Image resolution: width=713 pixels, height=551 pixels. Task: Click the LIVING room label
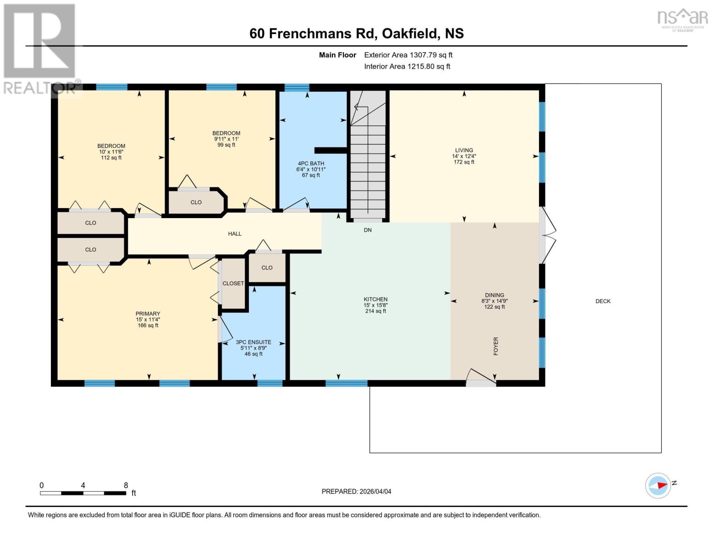point(464,150)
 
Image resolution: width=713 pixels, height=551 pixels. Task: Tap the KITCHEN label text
point(376,299)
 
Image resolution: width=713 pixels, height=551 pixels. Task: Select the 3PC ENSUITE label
point(253,342)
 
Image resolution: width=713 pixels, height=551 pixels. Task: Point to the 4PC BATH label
point(311,163)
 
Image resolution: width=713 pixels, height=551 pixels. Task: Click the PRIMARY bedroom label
point(148,314)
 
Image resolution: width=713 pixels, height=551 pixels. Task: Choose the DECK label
point(603,301)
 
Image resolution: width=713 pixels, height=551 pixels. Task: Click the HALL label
point(235,234)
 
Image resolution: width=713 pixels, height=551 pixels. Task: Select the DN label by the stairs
point(368,230)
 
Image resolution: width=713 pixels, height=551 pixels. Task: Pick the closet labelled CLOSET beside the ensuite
point(233,283)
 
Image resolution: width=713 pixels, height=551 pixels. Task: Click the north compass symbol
point(659,485)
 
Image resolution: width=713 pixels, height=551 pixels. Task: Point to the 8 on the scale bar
point(126,485)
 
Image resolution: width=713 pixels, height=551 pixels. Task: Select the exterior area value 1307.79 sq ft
point(408,55)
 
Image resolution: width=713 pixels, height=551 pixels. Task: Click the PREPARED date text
point(356,491)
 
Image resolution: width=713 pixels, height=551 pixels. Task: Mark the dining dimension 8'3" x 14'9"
point(494,301)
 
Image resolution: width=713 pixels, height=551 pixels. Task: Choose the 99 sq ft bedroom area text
point(226,145)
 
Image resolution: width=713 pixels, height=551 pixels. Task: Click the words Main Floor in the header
point(337,55)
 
